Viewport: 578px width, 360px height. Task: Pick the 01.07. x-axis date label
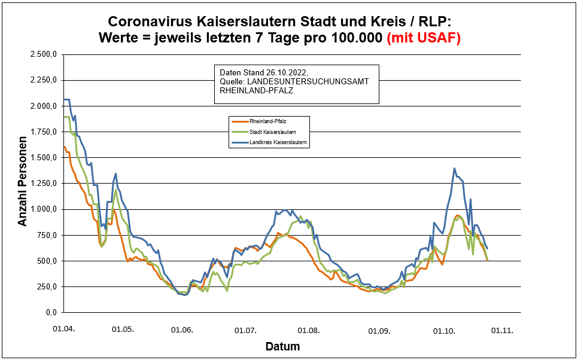(245, 330)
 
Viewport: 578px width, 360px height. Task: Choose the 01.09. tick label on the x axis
(378, 330)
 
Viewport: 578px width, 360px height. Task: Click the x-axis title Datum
(282, 347)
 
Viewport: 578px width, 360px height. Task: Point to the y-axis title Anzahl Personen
(23, 184)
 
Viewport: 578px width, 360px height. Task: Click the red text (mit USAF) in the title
(424, 38)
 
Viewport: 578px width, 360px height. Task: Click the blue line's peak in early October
(455, 169)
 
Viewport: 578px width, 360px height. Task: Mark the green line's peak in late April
(115, 191)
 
